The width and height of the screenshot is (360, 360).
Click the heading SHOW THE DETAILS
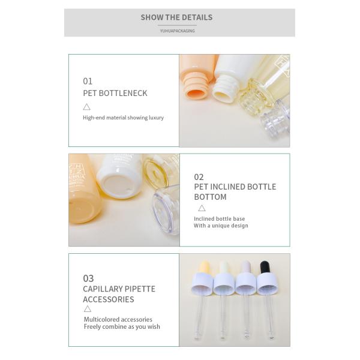click(x=176, y=17)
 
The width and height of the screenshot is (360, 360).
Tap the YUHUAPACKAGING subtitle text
click(x=177, y=31)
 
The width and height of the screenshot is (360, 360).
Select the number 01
click(x=88, y=81)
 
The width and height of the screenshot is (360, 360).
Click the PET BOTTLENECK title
click(x=115, y=93)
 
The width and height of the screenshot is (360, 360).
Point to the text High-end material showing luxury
click(x=123, y=118)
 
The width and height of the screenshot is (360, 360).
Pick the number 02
click(x=199, y=177)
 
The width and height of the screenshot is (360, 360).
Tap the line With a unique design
click(x=220, y=226)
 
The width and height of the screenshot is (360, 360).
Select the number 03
click(x=88, y=278)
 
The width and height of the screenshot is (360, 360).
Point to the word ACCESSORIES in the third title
click(x=108, y=299)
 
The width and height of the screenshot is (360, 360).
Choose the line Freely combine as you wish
click(x=122, y=327)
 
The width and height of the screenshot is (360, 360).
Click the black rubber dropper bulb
click(x=264, y=267)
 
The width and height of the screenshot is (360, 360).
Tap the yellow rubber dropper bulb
click(x=203, y=268)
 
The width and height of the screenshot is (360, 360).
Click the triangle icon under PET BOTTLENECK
click(x=86, y=107)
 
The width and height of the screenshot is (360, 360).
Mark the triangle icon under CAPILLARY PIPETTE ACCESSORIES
click(x=88, y=309)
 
